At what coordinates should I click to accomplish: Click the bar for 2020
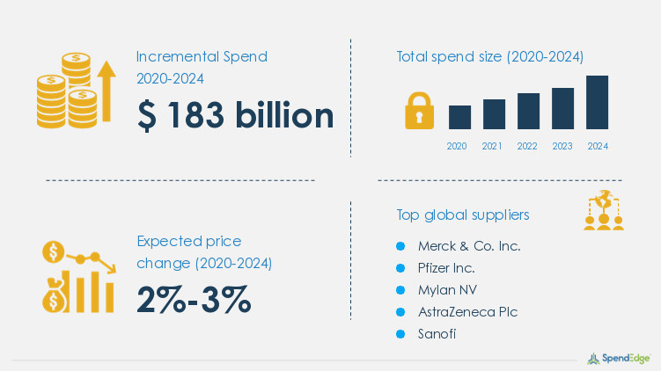point(459,117)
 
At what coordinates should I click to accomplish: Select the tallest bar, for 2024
point(597,102)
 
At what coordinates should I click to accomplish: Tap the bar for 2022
point(528,111)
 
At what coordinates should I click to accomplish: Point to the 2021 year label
point(492,146)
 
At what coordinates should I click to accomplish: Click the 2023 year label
point(562,146)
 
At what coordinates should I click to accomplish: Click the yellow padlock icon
point(419,110)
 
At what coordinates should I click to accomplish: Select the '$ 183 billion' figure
point(235,115)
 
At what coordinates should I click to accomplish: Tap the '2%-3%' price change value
point(194,300)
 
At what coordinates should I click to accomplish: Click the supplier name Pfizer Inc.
point(446,268)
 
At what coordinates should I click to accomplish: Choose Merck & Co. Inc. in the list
point(469,246)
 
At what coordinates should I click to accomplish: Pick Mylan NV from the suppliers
point(447,290)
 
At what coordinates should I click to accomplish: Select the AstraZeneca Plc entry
point(467,312)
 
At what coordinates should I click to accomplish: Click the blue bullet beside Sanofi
point(400,334)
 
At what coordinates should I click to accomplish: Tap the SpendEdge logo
point(619,359)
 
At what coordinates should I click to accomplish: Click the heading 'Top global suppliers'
point(462,215)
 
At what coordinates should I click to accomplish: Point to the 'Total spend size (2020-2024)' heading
point(490,56)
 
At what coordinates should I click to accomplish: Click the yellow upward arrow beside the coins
point(106,91)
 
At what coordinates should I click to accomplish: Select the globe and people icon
point(604,210)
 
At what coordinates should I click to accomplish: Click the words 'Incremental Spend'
point(202,56)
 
